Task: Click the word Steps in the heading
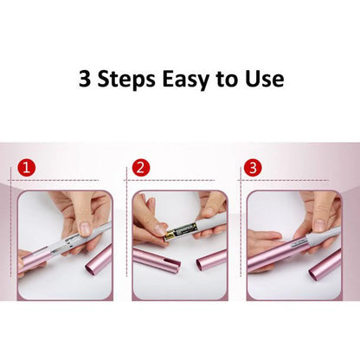point(126,79)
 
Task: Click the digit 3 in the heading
point(85,79)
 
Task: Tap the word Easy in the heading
point(186,80)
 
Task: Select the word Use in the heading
point(265,79)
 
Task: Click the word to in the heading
point(228,80)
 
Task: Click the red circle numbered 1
point(26,167)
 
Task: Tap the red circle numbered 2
point(141,167)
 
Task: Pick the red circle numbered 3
point(253,167)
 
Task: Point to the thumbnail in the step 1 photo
point(85,228)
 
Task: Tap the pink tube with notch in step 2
point(156,260)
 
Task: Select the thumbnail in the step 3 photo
point(319,225)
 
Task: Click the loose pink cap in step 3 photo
point(325,267)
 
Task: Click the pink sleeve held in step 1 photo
point(35,260)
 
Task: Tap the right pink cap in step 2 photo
point(212,259)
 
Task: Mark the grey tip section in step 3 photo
point(324,238)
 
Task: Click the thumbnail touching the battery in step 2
point(158,230)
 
